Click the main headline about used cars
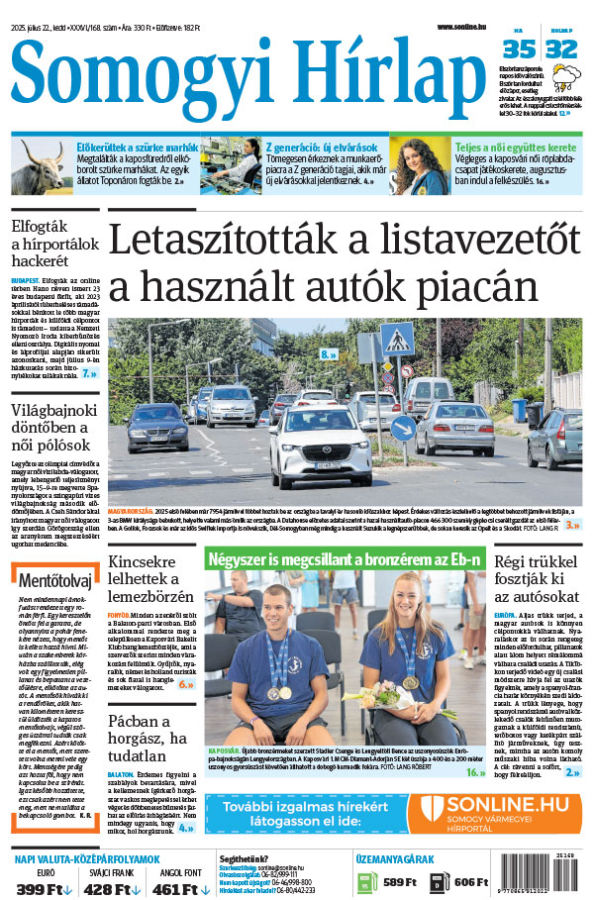tap(342, 262)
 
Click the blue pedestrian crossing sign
tap(397, 341)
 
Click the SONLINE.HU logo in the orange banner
tap(500, 812)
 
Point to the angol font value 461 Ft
tap(181, 889)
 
